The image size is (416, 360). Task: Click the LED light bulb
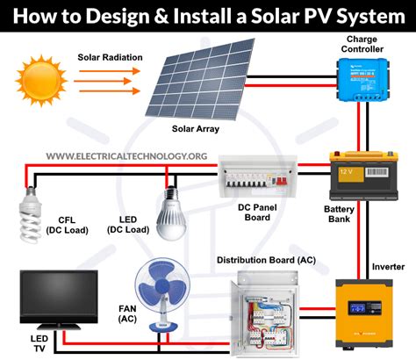click(x=170, y=211)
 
